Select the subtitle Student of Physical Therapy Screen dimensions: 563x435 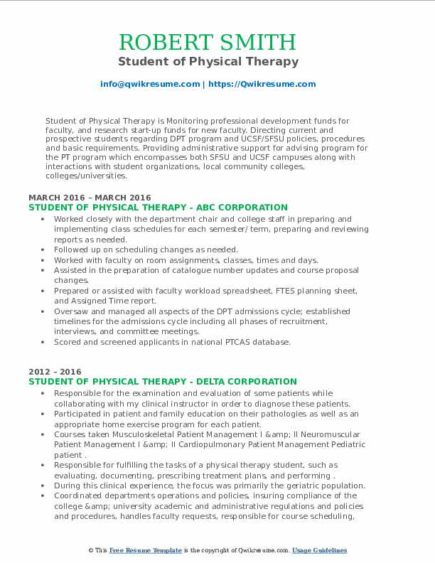(208, 61)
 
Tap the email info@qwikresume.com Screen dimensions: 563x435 (150, 84)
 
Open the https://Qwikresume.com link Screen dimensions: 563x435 (261, 84)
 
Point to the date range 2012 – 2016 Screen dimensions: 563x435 (55, 372)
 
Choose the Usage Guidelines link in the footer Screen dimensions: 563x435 (319, 550)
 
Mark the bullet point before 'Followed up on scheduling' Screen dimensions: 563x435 (45, 250)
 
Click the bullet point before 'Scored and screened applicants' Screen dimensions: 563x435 (45, 342)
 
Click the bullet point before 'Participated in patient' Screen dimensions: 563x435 (45, 414)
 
